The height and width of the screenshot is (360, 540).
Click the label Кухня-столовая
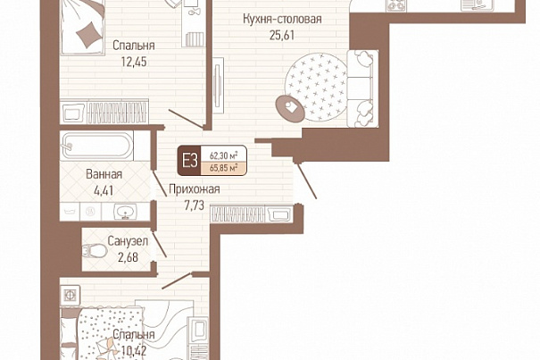pyautogui.click(x=282, y=20)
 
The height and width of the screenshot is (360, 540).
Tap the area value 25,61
pyautogui.click(x=282, y=35)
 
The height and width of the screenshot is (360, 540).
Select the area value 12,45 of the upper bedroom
pyautogui.click(x=134, y=62)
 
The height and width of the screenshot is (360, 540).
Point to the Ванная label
pyautogui.click(x=104, y=174)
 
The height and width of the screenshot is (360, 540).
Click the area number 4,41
pyautogui.click(x=104, y=190)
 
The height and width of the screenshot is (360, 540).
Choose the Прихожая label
pyautogui.click(x=195, y=189)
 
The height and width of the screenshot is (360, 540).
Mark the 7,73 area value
pyautogui.click(x=195, y=205)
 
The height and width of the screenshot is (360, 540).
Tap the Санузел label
pyautogui.click(x=128, y=241)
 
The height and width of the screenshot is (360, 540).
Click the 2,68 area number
pyautogui.click(x=128, y=257)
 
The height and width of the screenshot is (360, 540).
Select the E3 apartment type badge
pyautogui.click(x=190, y=161)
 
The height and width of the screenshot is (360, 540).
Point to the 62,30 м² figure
pyautogui.click(x=223, y=155)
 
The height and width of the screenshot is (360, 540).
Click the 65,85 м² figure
pyautogui.click(x=223, y=169)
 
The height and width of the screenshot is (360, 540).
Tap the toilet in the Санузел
pyautogui.click(x=95, y=251)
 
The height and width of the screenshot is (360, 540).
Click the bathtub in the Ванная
pyautogui.click(x=96, y=147)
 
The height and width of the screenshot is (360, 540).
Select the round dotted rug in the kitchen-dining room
pyautogui.click(x=316, y=87)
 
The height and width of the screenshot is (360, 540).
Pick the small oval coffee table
pyautogui.click(x=290, y=108)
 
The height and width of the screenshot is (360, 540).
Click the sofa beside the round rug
pyautogui.click(x=362, y=88)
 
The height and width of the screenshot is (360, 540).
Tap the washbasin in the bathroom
pyautogui.click(x=125, y=212)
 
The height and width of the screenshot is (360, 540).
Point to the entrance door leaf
pyautogui.click(x=306, y=180)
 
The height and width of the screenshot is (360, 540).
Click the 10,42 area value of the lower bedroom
pyautogui.click(x=134, y=351)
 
